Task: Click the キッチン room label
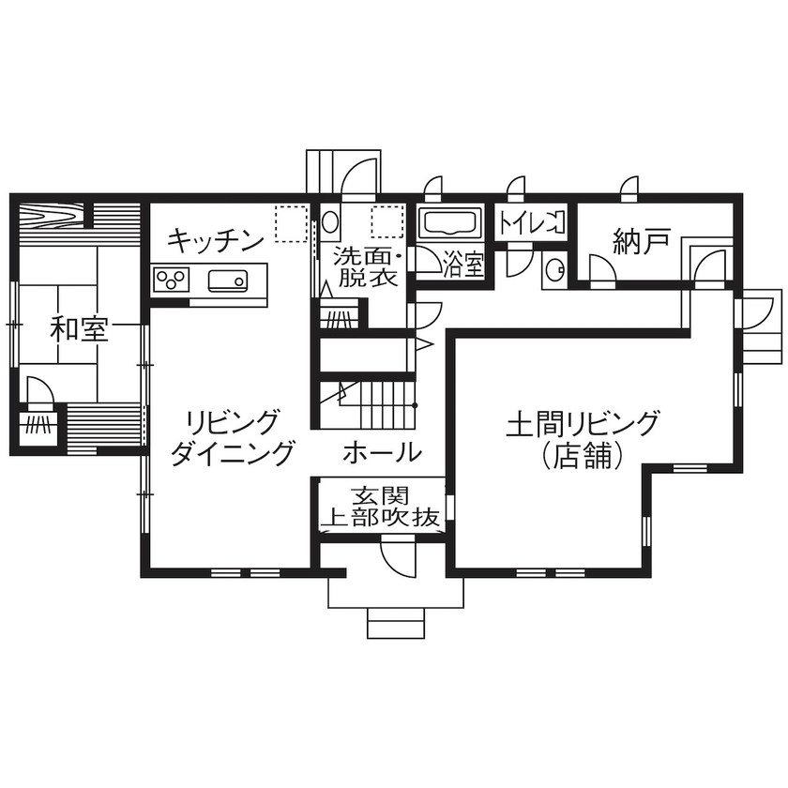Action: [215, 242]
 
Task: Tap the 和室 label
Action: [80, 329]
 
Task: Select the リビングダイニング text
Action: [233, 437]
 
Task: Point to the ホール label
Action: [381, 453]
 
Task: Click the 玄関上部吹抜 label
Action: [381, 507]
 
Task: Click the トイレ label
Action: [531, 223]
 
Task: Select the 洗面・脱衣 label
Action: [369, 265]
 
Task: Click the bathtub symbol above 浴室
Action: [449, 224]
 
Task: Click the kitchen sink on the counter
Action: [228, 280]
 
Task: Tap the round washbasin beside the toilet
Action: [554, 268]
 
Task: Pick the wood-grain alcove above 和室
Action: [51, 218]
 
